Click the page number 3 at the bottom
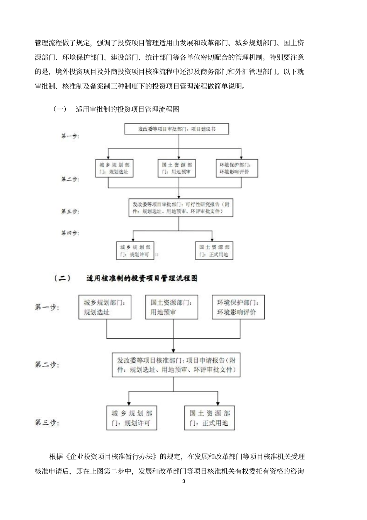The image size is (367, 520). tap(183, 481)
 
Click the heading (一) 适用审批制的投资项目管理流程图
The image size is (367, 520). tap(116, 109)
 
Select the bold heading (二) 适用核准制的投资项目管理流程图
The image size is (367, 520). tap(126, 278)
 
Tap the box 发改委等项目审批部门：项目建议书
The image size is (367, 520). tap(177, 129)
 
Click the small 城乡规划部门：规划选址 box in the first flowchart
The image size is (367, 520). tap(114, 169)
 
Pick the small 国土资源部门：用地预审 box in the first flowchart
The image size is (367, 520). tap(177, 169)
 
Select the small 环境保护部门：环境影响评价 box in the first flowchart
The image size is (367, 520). tap(237, 169)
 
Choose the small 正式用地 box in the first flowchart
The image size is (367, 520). tap(214, 251)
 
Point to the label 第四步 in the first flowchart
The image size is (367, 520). tap(70, 233)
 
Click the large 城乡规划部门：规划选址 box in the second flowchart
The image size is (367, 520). tap(107, 307)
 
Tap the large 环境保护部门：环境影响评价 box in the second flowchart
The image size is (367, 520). tap(238, 307)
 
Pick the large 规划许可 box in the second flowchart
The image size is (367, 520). tap(132, 418)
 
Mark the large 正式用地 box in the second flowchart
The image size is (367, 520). tap(209, 418)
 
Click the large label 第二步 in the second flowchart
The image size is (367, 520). tap(47, 365)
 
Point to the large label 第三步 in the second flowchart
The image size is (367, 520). tap(47, 423)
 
